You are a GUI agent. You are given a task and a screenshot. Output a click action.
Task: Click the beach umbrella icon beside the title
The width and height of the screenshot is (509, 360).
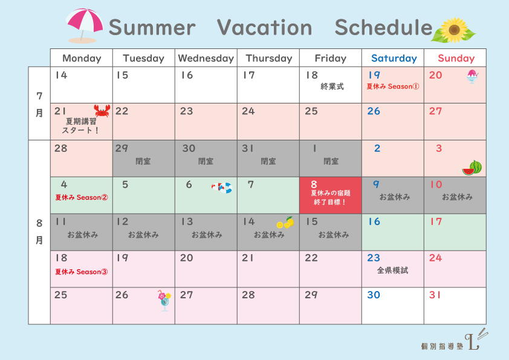click(x=84, y=25)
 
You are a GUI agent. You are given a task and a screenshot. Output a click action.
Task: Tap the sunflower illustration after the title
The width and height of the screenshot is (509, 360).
click(x=453, y=30)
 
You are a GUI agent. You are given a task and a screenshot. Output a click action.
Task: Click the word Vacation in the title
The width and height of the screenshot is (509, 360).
click(x=264, y=27)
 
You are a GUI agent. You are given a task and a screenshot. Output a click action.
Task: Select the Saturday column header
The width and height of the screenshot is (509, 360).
click(x=394, y=58)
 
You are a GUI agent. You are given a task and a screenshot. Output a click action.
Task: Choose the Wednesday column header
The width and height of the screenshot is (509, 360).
click(x=206, y=58)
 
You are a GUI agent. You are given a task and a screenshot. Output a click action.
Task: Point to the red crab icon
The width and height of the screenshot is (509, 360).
click(x=102, y=111)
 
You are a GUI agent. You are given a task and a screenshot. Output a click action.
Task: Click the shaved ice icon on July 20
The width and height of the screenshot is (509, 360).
click(x=472, y=77)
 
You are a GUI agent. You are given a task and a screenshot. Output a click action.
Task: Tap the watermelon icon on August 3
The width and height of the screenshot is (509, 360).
click(x=472, y=168)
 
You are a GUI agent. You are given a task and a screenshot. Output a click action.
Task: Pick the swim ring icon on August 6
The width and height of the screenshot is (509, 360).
click(x=222, y=188)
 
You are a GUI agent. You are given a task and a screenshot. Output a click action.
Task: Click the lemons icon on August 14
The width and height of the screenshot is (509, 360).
click(x=285, y=223)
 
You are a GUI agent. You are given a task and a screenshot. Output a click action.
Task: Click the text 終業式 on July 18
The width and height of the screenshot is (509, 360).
click(x=332, y=87)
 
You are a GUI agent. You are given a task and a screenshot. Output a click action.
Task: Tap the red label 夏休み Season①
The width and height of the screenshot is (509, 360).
click(x=393, y=87)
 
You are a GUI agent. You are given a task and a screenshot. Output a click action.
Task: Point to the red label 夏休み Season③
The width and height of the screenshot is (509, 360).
click(x=81, y=272)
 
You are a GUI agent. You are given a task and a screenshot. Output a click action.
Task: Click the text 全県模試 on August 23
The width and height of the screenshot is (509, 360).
click(x=392, y=270)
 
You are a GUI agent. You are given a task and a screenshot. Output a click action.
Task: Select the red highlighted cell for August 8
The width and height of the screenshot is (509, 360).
click(x=331, y=195)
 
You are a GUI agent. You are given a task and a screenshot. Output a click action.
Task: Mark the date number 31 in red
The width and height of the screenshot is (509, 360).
click(x=435, y=295)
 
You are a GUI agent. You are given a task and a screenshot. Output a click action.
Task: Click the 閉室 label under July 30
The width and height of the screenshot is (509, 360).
click(x=206, y=161)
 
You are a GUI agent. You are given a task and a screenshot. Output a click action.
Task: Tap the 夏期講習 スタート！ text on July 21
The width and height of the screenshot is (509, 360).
click(x=81, y=126)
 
